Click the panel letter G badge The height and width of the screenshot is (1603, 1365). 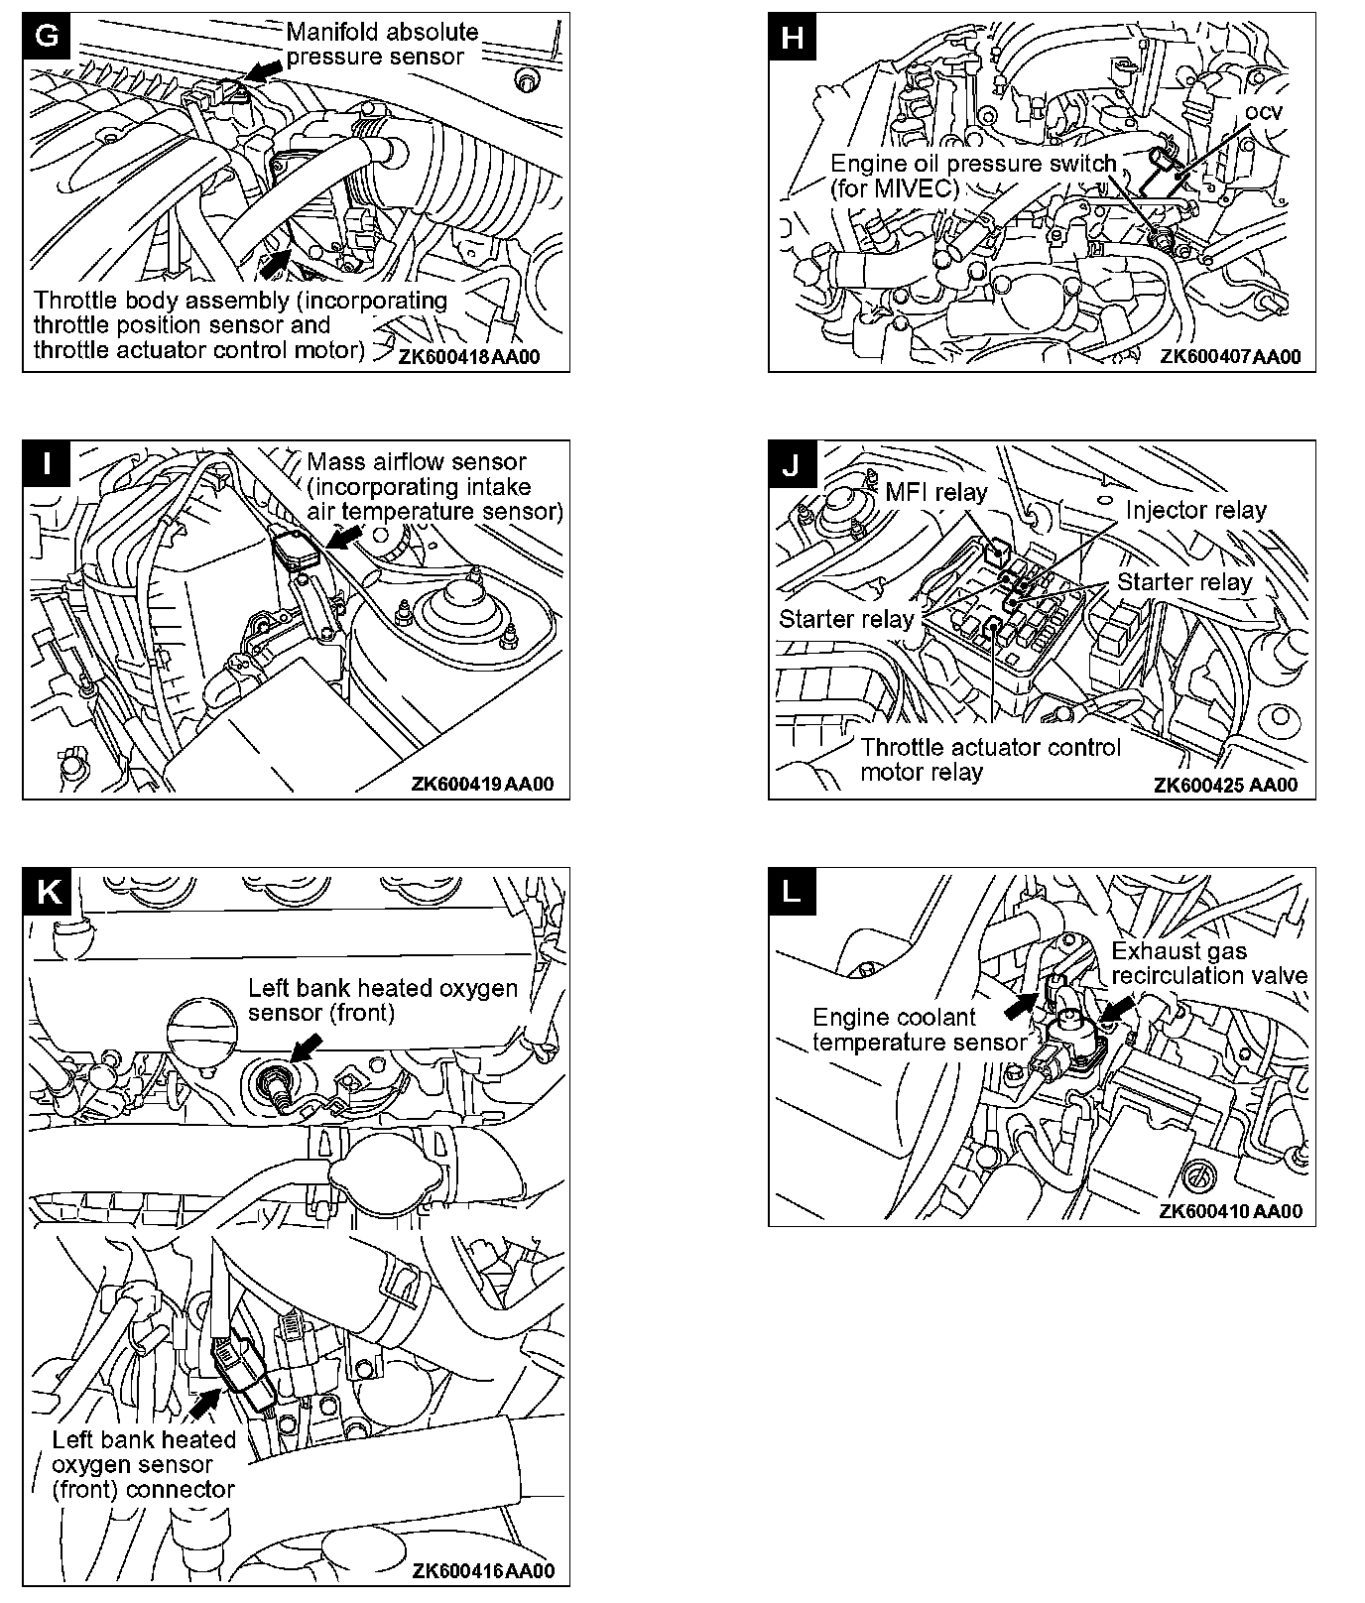[47, 36]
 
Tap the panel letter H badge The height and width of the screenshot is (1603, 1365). [793, 37]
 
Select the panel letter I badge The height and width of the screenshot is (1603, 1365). [47, 464]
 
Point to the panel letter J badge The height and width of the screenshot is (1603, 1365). [792, 464]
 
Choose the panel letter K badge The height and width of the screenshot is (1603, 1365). [47, 891]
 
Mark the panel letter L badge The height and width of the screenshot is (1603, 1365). [792, 891]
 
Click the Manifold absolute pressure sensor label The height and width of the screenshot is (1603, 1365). [381, 45]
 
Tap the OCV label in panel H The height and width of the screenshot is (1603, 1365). [1263, 112]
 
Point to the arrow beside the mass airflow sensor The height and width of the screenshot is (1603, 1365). [343, 537]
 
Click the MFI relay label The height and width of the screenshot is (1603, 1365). [935, 492]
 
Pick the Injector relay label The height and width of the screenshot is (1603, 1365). [1195, 510]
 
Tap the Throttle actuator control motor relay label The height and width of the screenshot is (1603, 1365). [989, 759]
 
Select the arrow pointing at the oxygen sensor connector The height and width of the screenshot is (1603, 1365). [205, 1402]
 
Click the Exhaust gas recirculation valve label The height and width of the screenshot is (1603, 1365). [1207, 963]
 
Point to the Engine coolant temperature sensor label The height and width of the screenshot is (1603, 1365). [918, 1030]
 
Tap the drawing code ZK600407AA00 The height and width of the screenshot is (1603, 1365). [1229, 357]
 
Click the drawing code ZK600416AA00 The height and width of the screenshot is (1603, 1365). [483, 1570]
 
